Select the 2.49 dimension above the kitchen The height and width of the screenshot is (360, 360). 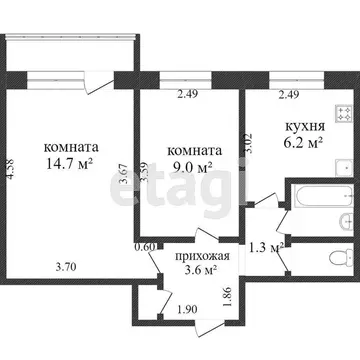coord(284,95)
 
